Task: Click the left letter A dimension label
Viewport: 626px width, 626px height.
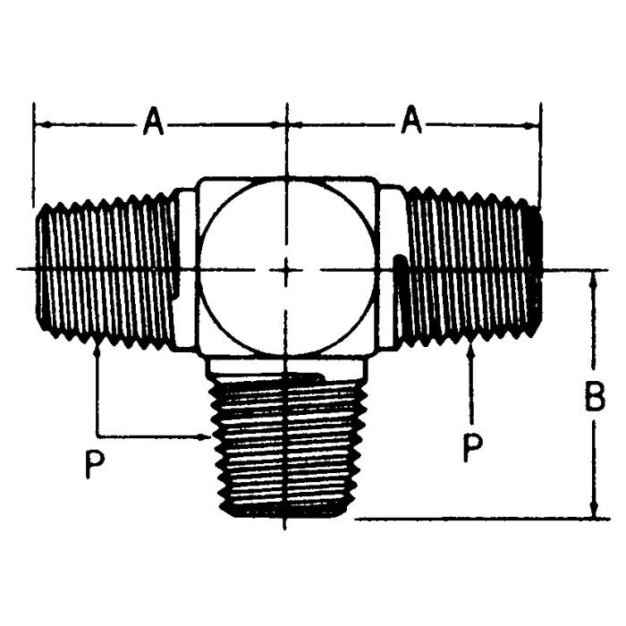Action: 153,122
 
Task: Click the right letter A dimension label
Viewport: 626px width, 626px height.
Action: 410,121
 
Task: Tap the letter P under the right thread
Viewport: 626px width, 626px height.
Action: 471,445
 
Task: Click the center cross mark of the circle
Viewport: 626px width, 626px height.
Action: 285,268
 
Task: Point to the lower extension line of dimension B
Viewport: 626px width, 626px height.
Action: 474,518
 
